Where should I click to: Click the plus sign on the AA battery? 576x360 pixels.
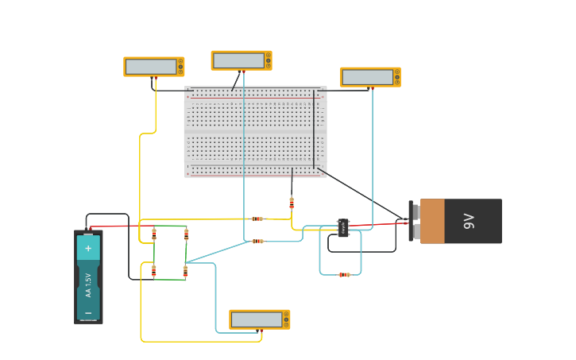(88, 248)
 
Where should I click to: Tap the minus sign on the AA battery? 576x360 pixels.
(88, 312)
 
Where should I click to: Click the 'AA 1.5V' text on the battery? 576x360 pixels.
(88, 285)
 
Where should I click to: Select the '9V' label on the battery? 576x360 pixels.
(469, 221)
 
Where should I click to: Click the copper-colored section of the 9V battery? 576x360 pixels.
(432, 221)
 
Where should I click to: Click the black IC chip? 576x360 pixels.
(343, 228)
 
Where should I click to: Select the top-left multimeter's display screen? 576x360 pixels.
(150, 67)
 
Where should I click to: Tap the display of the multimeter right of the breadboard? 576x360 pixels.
(367, 77)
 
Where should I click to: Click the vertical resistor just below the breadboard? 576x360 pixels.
(292, 203)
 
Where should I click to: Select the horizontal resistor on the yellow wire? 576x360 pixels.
(257, 219)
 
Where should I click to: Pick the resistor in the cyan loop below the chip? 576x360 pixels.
(344, 275)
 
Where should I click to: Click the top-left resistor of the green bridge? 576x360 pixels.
(154, 234)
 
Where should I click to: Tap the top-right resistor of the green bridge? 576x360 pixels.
(187, 234)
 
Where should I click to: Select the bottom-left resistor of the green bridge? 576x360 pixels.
(154, 271)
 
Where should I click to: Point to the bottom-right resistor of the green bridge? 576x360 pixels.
(186, 271)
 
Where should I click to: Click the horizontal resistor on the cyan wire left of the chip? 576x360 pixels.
(257, 241)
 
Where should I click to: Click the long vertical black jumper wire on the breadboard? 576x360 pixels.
(314, 127)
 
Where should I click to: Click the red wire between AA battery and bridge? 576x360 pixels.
(119, 226)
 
